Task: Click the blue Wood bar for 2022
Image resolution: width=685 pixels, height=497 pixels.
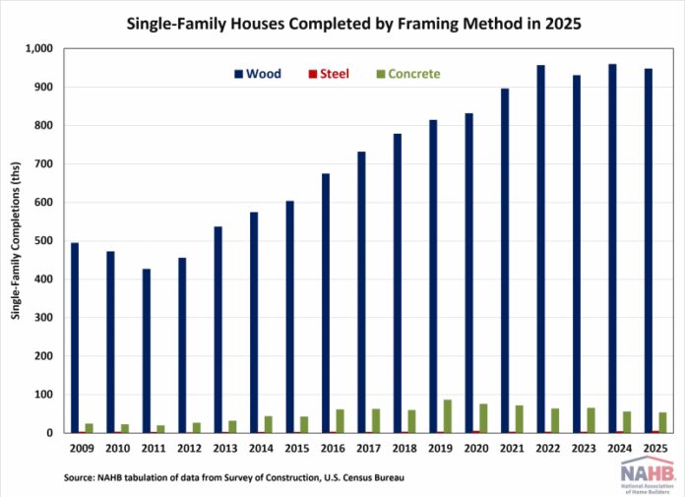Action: (x=541, y=249)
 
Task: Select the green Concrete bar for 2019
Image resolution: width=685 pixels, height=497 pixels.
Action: (x=448, y=416)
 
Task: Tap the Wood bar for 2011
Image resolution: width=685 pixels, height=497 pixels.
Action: (x=147, y=351)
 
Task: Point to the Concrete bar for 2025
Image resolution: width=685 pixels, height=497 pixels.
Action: (x=662, y=423)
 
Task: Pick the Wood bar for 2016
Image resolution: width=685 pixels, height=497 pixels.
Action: (x=326, y=303)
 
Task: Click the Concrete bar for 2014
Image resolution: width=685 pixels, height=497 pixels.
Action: (x=269, y=424)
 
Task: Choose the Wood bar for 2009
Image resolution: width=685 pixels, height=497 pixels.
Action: (x=75, y=338)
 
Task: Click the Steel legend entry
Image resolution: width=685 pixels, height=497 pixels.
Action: (x=329, y=74)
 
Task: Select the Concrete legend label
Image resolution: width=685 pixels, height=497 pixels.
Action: (x=413, y=74)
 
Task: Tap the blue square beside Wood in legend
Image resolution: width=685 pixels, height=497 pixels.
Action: (x=238, y=74)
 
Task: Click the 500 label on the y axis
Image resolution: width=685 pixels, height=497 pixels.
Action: (x=43, y=241)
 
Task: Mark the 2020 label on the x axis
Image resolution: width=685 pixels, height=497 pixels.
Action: (x=476, y=449)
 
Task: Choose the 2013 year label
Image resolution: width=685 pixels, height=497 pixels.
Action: (x=225, y=449)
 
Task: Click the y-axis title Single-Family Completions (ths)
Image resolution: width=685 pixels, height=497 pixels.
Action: (x=16, y=241)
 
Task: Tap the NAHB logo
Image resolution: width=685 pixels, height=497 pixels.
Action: (x=648, y=474)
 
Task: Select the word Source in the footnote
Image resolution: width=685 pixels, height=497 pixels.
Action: (x=78, y=477)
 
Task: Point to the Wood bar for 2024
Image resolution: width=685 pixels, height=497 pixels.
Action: (x=612, y=248)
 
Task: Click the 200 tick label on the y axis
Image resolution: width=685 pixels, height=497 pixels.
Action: (x=43, y=356)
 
